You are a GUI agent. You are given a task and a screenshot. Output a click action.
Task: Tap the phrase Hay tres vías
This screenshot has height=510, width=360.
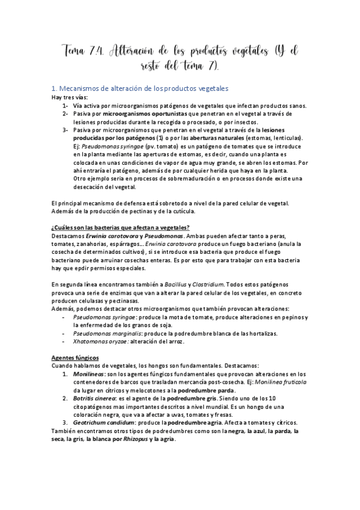(x=69, y=97)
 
